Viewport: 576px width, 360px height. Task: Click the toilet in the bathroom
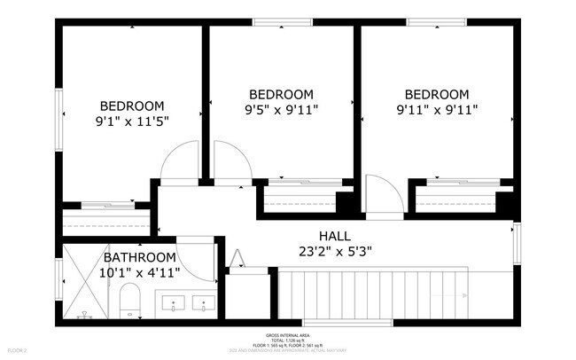130,301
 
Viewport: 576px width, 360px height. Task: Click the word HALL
336,236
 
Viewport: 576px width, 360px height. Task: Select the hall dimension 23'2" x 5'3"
336,251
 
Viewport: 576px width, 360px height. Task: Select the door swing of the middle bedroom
230,162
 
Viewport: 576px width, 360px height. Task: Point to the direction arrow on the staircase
238,258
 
